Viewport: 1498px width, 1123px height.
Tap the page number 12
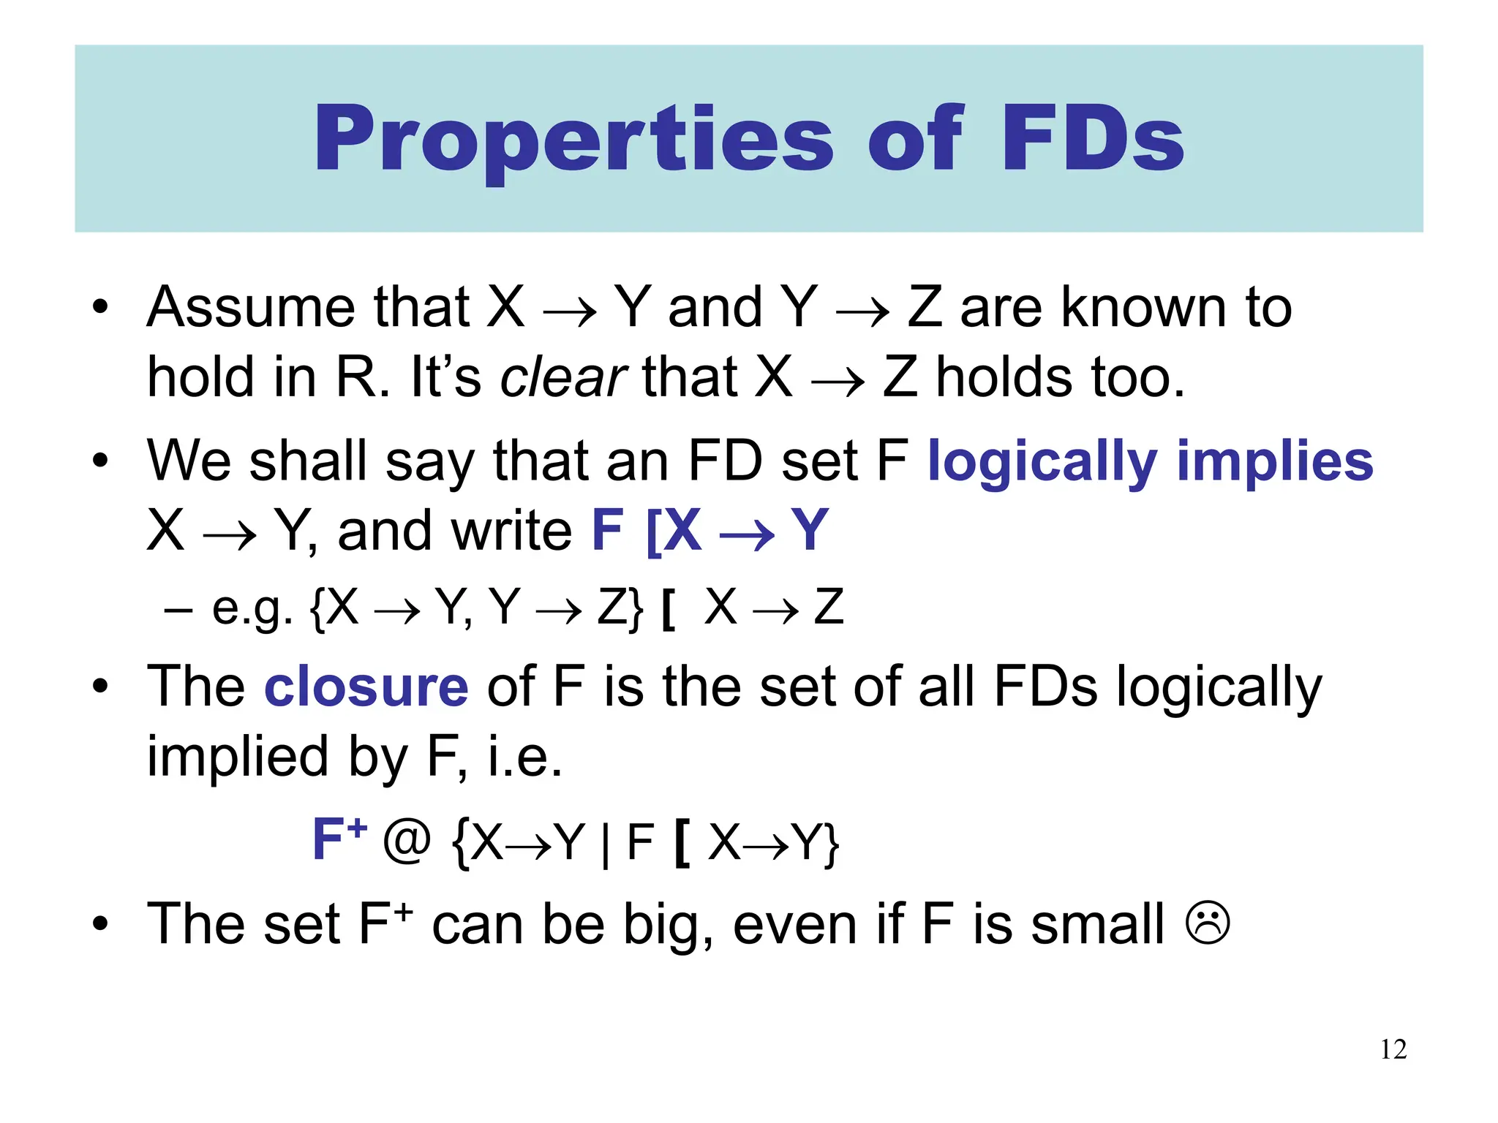click(1393, 1049)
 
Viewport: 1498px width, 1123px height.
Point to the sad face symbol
click(1208, 924)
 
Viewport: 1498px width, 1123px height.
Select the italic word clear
click(563, 377)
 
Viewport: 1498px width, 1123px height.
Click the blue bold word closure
click(366, 687)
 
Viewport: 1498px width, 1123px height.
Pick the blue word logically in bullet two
click(1042, 462)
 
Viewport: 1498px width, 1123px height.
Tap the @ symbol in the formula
click(407, 840)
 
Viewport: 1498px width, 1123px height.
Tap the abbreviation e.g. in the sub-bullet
click(252, 608)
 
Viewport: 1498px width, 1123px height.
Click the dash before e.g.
click(178, 608)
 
